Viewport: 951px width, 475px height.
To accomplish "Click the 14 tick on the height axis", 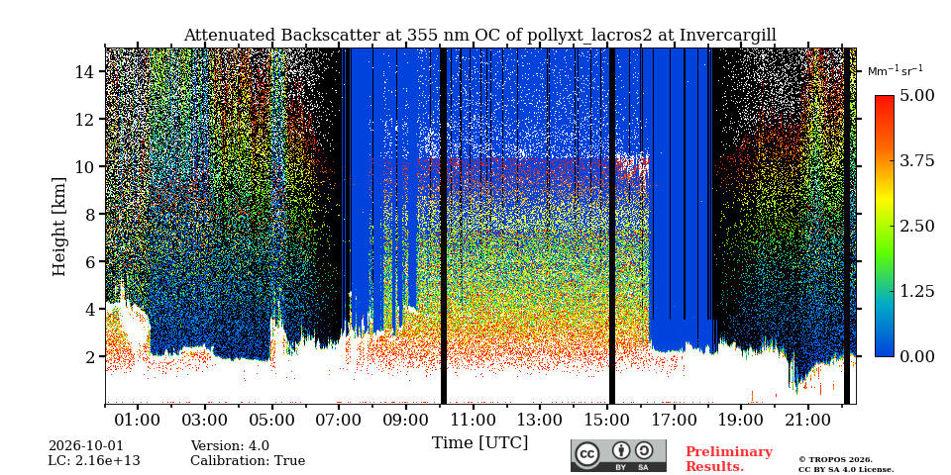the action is click(x=85, y=71).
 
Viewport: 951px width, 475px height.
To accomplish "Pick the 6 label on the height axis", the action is click(x=90, y=261).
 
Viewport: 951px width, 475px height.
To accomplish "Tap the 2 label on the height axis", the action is click(x=90, y=356).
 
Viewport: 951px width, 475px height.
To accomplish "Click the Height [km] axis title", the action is click(x=58, y=227).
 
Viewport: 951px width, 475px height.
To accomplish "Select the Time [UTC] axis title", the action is click(x=479, y=443).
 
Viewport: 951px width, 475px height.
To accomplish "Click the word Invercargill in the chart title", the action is click(x=728, y=36).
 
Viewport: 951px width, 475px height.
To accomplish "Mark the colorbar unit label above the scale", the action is click(x=896, y=71).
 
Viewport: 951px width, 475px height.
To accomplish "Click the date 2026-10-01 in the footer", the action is click(x=85, y=446).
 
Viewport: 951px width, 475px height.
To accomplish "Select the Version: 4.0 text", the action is click(x=230, y=446).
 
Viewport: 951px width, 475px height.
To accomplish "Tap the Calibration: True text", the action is click(x=248, y=461).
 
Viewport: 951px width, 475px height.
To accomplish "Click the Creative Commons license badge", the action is click(x=618, y=455).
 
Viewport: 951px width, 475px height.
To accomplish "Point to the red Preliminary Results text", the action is click(x=729, y=459).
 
